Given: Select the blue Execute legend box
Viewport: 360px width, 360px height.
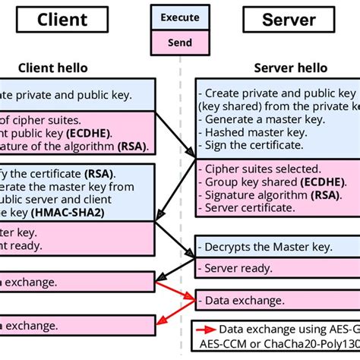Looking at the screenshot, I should tap(180, 17).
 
